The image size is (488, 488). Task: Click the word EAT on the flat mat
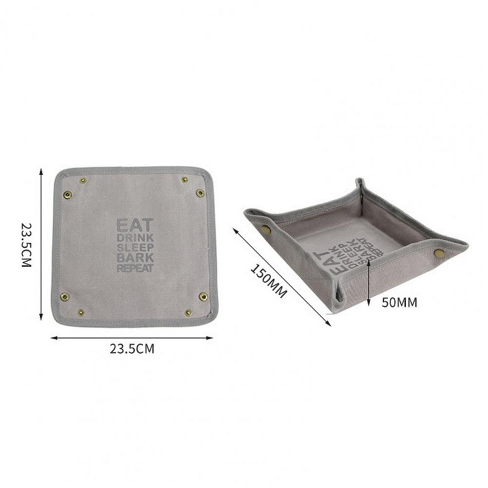[135, 224]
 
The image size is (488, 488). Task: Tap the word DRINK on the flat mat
[135, 238]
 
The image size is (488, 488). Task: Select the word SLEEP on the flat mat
[135, 248]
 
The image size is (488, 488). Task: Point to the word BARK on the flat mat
[135, 258]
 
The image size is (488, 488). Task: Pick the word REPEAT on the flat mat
[135, 268]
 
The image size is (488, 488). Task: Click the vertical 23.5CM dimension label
[26, 245]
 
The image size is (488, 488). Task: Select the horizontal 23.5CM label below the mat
[132, 348]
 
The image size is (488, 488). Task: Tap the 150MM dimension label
[268, 281]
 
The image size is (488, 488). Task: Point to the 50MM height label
[400, 302]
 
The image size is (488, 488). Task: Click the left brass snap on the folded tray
[265, 230]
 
